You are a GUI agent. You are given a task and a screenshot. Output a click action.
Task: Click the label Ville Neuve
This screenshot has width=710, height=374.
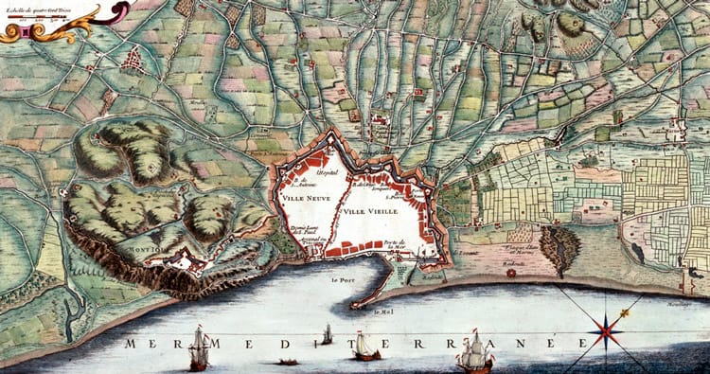click(305, 199)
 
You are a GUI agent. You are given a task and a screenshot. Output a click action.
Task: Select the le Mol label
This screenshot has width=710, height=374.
click(382, 312)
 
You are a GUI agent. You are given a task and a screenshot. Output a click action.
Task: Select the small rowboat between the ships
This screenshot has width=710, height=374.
click(285, 361)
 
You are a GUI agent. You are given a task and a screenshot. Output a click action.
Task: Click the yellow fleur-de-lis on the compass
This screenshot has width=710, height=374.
click(625, 313)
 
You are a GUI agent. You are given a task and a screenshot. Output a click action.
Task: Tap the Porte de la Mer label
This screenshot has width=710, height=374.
click(395, 247)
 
